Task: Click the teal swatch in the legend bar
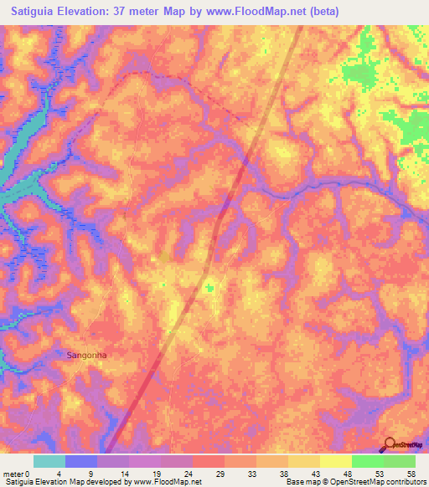[x=49, y=461]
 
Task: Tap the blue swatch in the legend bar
[x=81, y=461]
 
